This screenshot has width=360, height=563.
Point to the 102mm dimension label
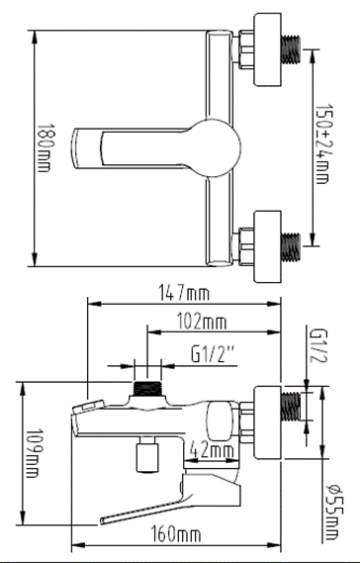click(205, 323)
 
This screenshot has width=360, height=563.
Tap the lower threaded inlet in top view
click(290, 240)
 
